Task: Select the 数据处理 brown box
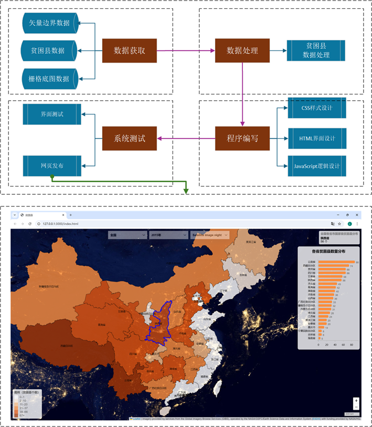click(x=242, y=51)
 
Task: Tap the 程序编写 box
click(x=242, y=139)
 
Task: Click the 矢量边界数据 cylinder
click(x=49, y=23)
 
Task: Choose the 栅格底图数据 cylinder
click(x=49, y=79)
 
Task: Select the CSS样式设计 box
click(x=316, y=108)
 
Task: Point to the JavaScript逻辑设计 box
click(x=316, y=166)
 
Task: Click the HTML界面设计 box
click(x=316, y=138)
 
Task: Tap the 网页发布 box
click(x=51, y=165)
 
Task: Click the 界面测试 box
click(x=51, y=114)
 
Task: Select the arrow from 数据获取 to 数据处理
click(x=186, y=51)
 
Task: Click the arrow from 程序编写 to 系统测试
click(x=186, y=139)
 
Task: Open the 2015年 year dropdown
click(x=167, y=235)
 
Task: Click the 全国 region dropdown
click(x=126, y=235)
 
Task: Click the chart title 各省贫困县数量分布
click(x=328, y=252)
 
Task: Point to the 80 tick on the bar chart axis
click(x=356, y=345)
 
